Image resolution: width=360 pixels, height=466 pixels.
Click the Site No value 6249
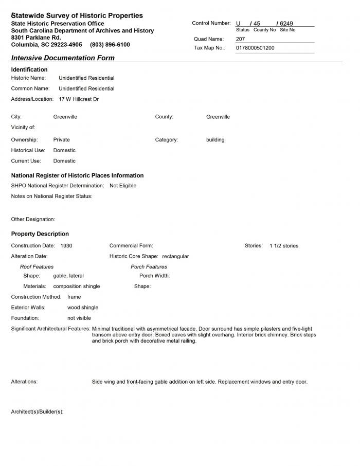(x=286, y=24)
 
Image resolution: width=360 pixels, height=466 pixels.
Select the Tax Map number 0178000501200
(x=255, y=48)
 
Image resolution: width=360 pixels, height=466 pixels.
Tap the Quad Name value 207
(x=241, y=39)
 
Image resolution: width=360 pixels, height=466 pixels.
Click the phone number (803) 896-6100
(x=110, y=45)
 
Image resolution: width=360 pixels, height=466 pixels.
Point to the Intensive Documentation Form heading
(x=63, y=58)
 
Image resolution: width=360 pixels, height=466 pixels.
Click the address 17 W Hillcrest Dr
(x=79, y=99)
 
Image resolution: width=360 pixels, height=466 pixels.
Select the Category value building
(x=215, y=139)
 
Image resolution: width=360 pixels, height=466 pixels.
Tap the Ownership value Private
(x=62, y=139)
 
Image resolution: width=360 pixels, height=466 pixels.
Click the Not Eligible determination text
(x=123, y=186)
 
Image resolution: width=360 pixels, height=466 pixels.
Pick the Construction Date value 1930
(x=66, y=246)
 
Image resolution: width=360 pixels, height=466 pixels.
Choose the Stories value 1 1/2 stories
(x=284, y=246)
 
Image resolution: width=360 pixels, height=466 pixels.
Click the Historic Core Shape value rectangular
(x=175, y=256)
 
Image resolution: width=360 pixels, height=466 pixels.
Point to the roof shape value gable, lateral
(x=68, y=276)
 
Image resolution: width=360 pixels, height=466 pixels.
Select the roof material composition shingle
(x=77, y=286)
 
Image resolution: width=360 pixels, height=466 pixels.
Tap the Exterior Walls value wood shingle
(x=83, y=308)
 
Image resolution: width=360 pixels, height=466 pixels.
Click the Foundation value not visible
(x=79, y=318)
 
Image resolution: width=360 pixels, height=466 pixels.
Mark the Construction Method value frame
(x=74, y=297)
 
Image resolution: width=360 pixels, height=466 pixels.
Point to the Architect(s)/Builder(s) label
(x=37, y=412)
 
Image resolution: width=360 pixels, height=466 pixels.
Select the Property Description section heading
(x=40, y=234)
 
